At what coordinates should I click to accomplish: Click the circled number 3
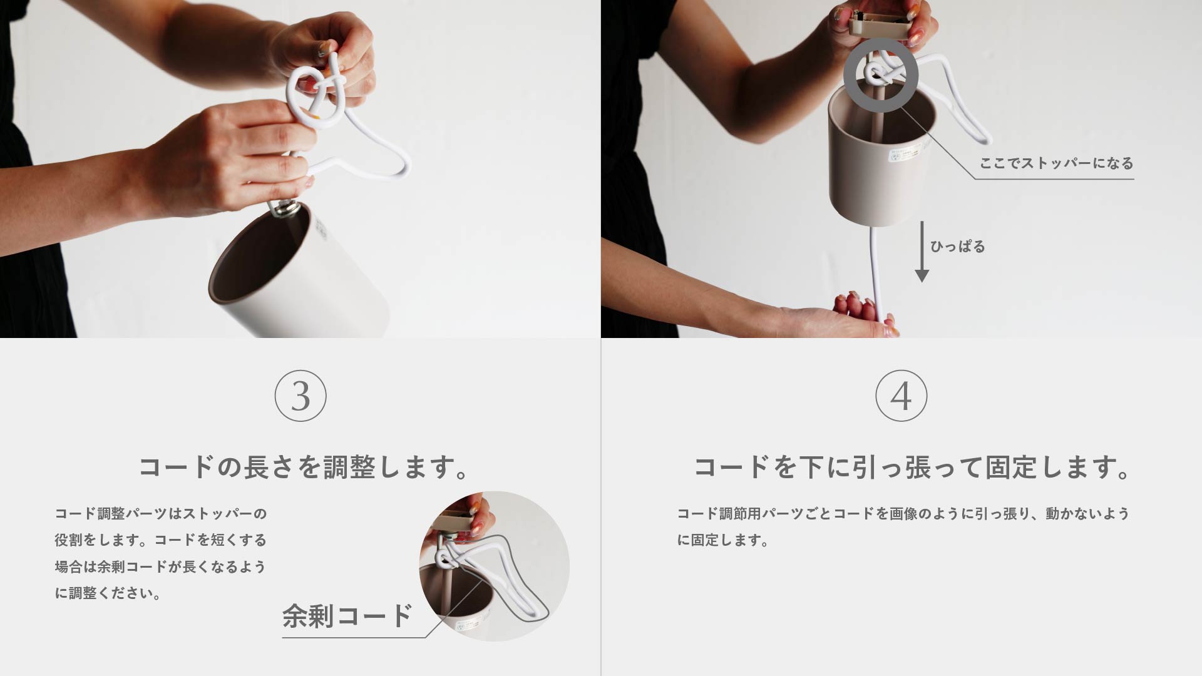coord(300,396)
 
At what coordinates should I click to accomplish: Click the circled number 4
coord(901,396)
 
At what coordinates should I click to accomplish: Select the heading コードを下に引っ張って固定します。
coord(912,468)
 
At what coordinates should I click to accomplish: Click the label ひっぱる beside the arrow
coord(957,247)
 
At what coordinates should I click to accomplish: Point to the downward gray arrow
coord(922,250)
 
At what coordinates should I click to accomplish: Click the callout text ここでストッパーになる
coord(1056,163)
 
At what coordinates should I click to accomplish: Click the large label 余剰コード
coord(347,616)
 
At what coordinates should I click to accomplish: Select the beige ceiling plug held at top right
coord(878,25)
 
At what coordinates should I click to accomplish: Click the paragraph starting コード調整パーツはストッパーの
coord(161,553)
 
